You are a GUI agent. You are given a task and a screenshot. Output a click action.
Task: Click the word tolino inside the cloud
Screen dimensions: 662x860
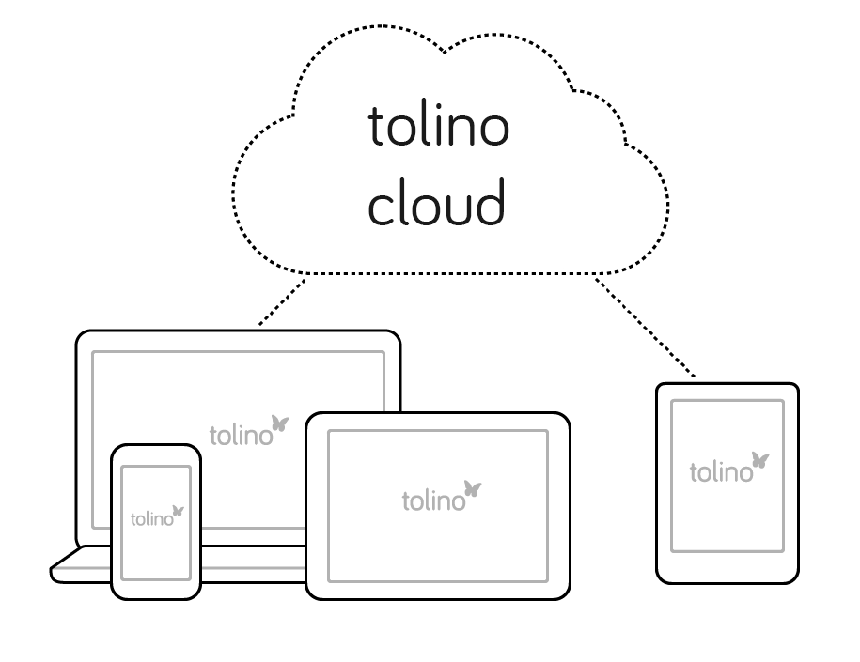pyautogui.click(x=438, y=127)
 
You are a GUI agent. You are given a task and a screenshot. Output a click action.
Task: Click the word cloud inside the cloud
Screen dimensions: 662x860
pyautogui.click(x=436, y=203)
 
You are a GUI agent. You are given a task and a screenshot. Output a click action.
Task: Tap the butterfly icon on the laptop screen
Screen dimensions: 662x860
pyautogui.click(x=279, y=423)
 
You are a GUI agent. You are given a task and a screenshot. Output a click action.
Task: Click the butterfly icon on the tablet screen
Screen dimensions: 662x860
pyautogui.click(x=473, y=489)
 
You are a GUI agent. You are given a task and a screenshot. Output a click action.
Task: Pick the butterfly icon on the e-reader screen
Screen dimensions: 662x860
pyautogui.click(x=759, y=460)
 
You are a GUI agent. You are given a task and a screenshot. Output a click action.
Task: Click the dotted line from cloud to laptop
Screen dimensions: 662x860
pyautogui.click(x=282, y=301)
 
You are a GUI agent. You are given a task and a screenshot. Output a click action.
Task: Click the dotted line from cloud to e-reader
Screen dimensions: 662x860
pyautogui.click(x=646, y=326)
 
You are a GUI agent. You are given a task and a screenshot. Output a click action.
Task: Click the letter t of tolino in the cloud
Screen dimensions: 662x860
pyautogui.click(x=376, y=127)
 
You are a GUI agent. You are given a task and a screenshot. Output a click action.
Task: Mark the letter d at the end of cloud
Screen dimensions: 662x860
pyautogui.click(x=490, y=203)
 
